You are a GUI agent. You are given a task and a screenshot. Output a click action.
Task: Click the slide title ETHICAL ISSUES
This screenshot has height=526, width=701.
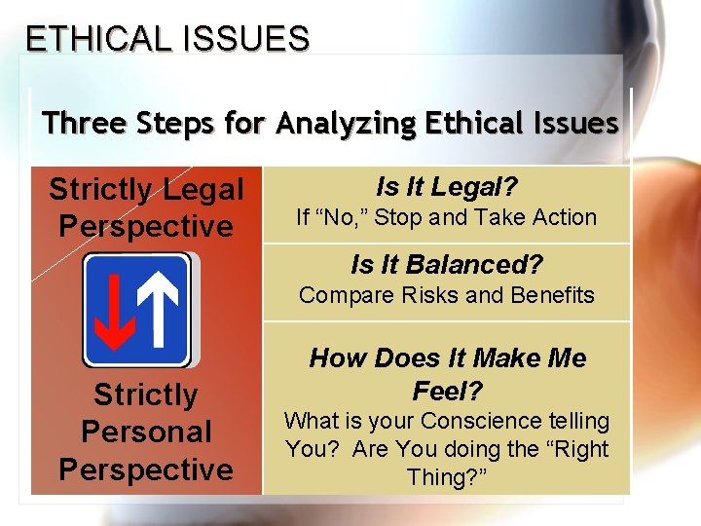[166, 38]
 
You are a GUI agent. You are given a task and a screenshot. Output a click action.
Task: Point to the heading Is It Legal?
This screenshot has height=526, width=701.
[447, 186]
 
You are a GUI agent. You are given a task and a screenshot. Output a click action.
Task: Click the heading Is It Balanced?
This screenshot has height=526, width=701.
[447, 264]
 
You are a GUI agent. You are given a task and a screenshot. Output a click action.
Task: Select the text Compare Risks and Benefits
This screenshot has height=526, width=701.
[447, 295]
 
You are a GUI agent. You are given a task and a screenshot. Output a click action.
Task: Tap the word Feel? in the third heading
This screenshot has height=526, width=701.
[447, 391]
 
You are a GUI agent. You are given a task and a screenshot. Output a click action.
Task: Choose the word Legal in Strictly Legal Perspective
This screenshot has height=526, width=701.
[199, 189]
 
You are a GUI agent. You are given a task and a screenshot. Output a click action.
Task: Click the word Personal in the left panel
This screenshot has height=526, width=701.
[146, 432]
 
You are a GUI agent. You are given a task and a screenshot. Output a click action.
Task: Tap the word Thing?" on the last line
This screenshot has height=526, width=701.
[447, 477]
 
